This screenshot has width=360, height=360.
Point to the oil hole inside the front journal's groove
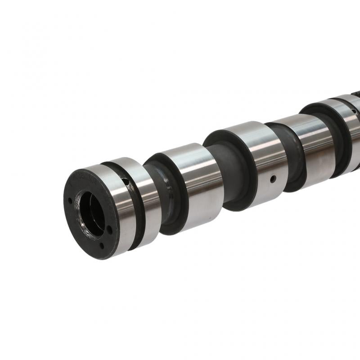click(127, 182)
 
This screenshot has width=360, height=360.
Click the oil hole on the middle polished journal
click(272, 179)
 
